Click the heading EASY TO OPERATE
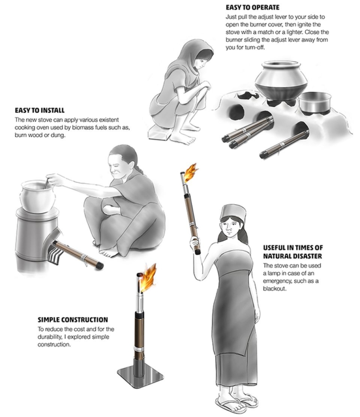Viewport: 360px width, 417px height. (x=253, y=7)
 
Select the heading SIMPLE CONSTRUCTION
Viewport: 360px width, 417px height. (x=73, y=320)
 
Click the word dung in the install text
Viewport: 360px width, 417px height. (x=58, y=135)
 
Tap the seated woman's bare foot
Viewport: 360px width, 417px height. (x=110, y=252)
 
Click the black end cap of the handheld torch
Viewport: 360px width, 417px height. (x=197, y=252)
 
